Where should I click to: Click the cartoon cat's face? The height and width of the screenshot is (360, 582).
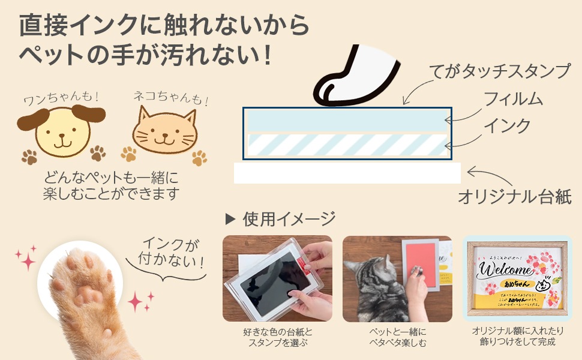pos(164,133)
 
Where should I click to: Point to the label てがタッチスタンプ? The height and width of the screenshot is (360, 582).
pos(500,71)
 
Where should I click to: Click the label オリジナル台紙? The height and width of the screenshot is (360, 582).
pos(514,196)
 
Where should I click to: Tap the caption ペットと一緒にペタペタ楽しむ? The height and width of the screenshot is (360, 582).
pos(397,337)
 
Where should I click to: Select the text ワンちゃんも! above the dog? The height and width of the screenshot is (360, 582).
pos(61,97)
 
